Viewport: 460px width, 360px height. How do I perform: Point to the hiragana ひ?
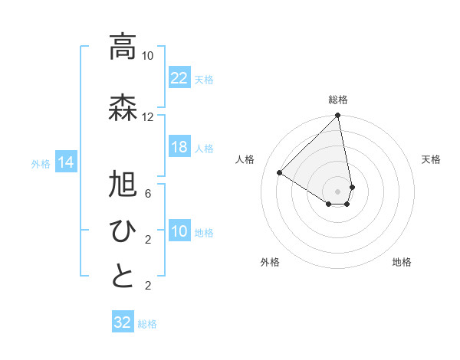tap(122, 230)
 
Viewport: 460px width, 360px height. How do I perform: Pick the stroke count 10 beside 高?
tap(147, 56)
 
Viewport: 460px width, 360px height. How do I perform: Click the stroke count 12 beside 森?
tap(147, 117)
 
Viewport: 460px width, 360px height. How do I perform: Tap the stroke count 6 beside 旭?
tap(147, 194)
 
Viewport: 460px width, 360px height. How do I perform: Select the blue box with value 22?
tap(179, 78)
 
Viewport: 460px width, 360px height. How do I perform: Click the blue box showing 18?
tap(179, 148)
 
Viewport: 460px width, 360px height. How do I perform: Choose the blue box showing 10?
tap(179, 232)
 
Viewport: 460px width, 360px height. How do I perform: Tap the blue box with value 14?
tap(65, 162)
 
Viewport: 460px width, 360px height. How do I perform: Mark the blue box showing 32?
tap(123, 322)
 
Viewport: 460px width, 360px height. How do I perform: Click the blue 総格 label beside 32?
tap(148, 324)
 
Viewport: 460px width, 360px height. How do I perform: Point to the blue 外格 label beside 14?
tap(41, 163)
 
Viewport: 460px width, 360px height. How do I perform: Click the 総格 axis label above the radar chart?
tap(338, 100)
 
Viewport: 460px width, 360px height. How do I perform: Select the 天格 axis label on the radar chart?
tap(432, 159)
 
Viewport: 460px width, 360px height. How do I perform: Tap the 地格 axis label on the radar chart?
tap(402, 262)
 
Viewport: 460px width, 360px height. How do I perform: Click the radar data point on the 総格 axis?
tap(338, 116)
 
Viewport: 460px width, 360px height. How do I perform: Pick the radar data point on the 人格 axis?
tap(280, 173)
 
